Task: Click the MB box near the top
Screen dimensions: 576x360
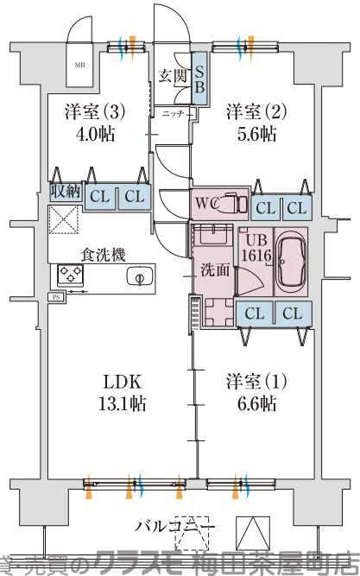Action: click(x=79, y=64)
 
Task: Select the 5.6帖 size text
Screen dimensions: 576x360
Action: click(x=252, y=134)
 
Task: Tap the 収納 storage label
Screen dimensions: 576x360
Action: click(x=65, y=192)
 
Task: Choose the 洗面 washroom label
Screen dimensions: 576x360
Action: click(x=215, y=269)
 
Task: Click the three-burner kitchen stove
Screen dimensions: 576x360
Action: click(x=69, y=275)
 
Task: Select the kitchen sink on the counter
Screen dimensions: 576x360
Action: click(x=136, y=276)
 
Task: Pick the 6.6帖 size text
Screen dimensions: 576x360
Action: click(x=252, y=402)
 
